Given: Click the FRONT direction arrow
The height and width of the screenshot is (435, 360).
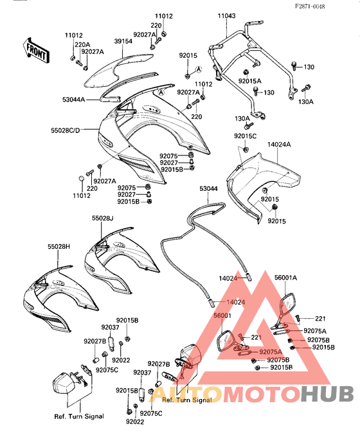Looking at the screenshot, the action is tap(36, 50).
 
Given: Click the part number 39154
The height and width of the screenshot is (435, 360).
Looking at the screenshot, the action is tap(123, 41).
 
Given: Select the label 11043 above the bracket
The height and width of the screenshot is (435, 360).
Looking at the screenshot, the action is tap(226, 16).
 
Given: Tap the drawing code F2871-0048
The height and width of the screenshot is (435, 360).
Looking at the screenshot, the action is tap(310, 6).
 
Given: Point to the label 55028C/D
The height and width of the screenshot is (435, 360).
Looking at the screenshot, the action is tap(65, 130).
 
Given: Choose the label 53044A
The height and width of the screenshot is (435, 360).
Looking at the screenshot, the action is tap(73, 99).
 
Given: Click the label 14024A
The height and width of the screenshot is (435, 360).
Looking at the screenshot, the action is tap(279, 145).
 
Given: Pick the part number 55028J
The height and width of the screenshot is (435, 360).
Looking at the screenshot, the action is tap(103, 218).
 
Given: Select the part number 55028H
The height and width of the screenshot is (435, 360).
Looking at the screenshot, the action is tap(59, 246).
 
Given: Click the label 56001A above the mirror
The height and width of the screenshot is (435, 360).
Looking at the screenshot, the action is tap(285, 278).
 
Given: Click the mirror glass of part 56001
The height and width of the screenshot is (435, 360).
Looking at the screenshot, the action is tap(226, 341).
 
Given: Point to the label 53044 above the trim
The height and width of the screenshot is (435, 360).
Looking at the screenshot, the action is tap(208, 189).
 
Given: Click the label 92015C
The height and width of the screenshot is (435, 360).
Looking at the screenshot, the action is tap(246, 136).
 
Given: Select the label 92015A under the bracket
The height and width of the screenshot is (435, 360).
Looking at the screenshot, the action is tap(250, 81).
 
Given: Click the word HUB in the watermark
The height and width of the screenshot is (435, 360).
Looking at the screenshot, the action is tap(327, 393).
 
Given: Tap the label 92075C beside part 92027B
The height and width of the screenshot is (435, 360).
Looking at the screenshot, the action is tap(107, 370).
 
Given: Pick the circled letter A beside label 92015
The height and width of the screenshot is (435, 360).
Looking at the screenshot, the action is tap(199, 69).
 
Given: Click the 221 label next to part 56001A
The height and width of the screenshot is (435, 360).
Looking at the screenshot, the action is tap(320, 319).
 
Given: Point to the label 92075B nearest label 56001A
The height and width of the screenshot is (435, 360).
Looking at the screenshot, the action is tap(319, 340).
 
